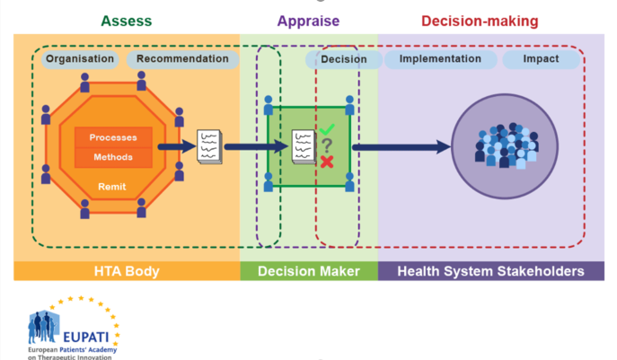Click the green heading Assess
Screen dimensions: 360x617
pos(126,20)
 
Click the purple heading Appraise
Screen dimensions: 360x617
pos(307,21)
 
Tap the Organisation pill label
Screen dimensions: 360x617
pos(80,59)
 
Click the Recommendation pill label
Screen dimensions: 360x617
pos(183,59)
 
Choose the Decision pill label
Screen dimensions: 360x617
pos(343,60)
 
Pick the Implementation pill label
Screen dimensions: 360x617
pos(439,59)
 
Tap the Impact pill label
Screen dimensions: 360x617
pos(542,59)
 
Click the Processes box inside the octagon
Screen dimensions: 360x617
pos(113,137)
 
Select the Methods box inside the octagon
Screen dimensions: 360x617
pos(113,157)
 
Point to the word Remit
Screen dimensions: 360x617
pos(113,187)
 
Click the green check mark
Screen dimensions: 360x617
pos(327,130)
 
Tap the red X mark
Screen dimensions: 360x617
pos(327,162)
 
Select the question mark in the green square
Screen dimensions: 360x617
pos(328,145)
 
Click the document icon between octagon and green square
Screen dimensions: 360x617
pos(209,145)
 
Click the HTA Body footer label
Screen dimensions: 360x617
pos(126,271)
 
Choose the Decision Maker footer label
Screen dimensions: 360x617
pos(308,271)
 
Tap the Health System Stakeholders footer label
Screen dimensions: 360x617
pos(490,271)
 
